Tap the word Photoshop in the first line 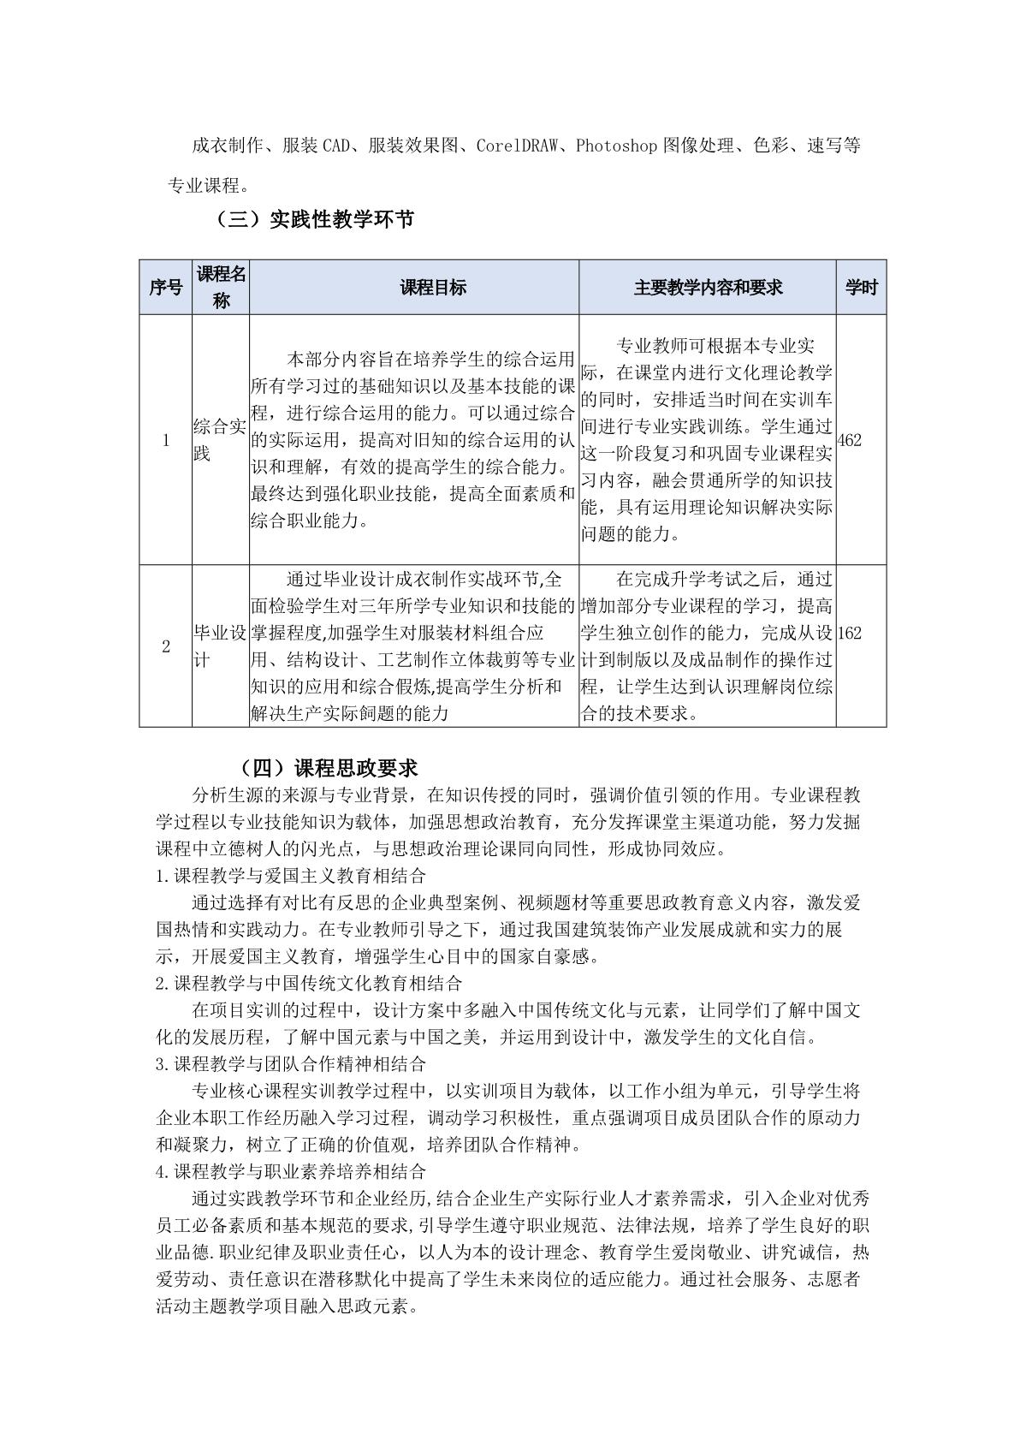pyautogui.click(x=615, y=146)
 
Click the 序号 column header pyautogui.click(x=165, y=288)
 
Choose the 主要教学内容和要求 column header pyautogui.click(x=708, y=288)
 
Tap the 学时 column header pyautogui.click(x=861, y=288)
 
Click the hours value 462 pyautogui.click(x=850, y=440)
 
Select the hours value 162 pyautogui.click(x=850, y=634)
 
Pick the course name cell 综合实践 pyautogui.click(x=220, y=440)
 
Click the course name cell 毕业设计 pyautogui.click(x=220, y=646)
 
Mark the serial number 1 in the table pyautogui.click(x=166, y=440)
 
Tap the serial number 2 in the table pyautogui.click(x=166, y=646)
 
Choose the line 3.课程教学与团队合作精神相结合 pyautogui.click(x=291, y=1064)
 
